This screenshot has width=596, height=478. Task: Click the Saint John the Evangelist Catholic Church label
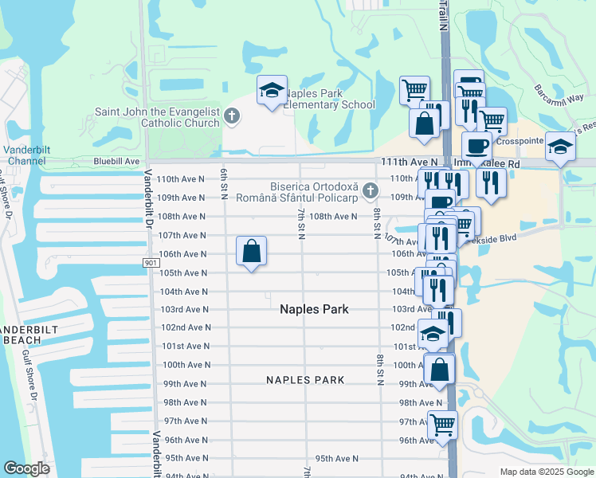pyautogui.click(x=157, y=117)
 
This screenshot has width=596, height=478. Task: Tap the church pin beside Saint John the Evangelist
pyautogui.click(x=232, y=117)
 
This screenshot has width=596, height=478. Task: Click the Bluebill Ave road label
pyautogui.click(x=116, y=161)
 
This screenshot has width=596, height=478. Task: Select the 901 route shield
pyautogui.click(x=152, y=262)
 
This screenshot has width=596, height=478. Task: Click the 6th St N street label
pyautogui.click(x=225, y=186)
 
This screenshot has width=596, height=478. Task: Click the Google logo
pyautogui.click(x=26, y=468)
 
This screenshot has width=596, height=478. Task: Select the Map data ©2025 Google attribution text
pyautogui.click(x=546, y=472)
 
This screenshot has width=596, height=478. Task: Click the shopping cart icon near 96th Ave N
pyautogui.click(x=442, y=425)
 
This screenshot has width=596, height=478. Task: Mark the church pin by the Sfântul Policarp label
pyautogui.click(x=370, y=191)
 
